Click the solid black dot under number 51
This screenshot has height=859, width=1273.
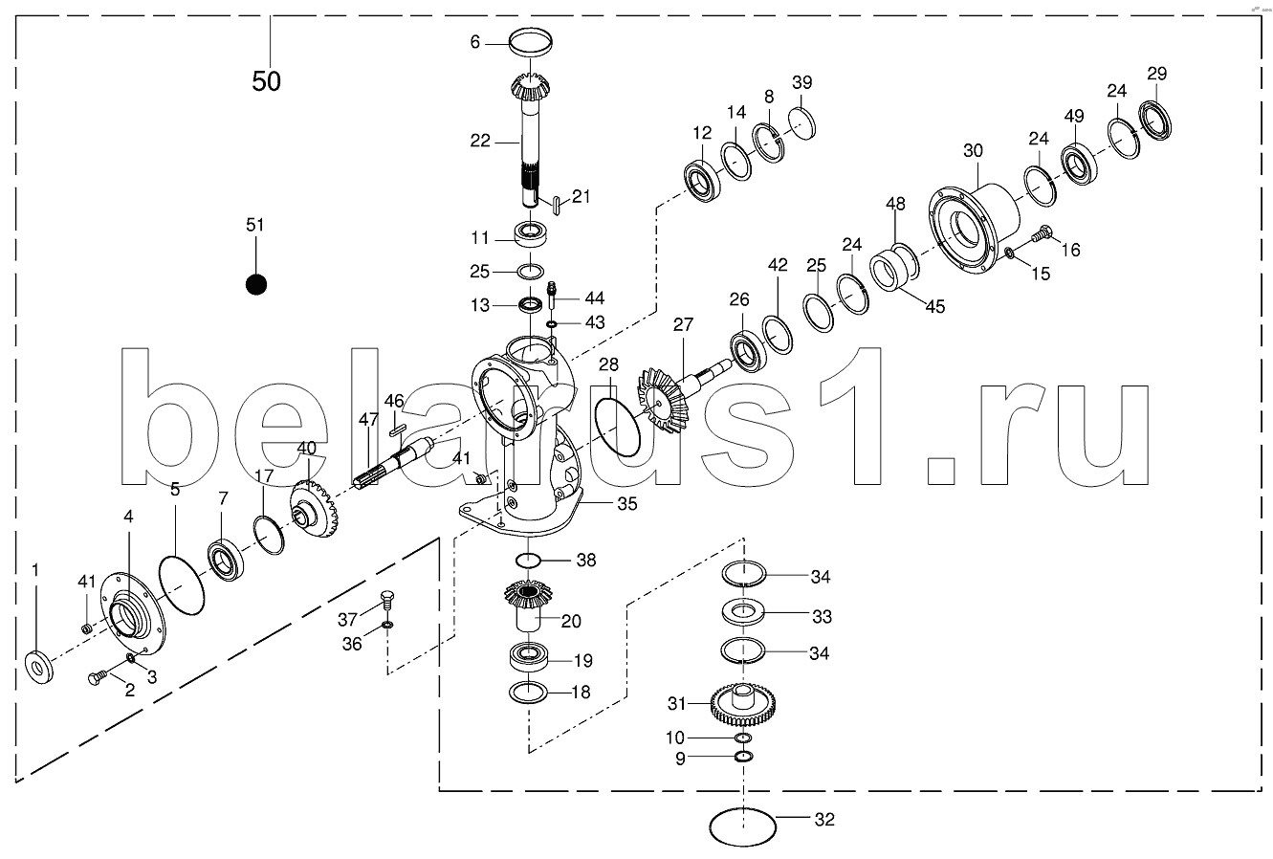[x=255, y=284]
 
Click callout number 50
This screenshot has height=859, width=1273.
[x=267, y=81]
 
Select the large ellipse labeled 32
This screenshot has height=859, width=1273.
[x=742, y=825]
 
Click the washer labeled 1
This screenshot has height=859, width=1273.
[x=39, y=665]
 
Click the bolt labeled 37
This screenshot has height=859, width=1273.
[x=386, y=599]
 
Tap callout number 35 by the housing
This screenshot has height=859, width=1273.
[x=627, y=503]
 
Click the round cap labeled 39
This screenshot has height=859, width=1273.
[x=802, y=122]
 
